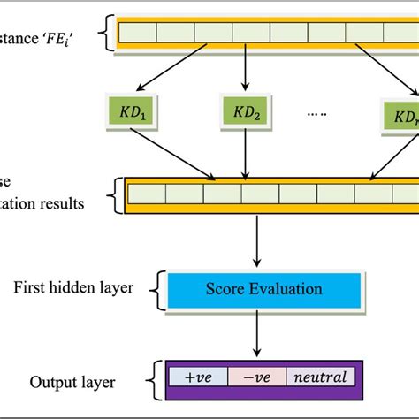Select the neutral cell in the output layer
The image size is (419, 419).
(316, 377)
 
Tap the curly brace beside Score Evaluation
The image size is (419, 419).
(159, 289)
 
